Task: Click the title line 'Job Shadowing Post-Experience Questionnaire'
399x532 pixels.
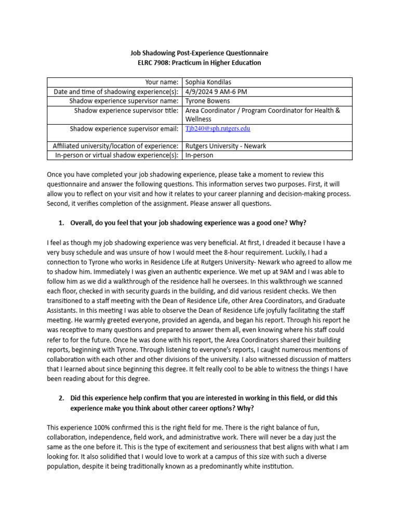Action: click(199, 54)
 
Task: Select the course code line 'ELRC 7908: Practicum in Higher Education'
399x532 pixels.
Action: click(199, 63)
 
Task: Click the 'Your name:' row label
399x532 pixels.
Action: click(162, 83)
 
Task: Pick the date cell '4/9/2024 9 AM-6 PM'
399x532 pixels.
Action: click(216, 92)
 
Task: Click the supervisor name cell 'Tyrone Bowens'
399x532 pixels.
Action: click(208, 101)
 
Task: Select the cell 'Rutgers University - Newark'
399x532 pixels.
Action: click(225, 146)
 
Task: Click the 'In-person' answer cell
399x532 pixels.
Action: click(199, 155)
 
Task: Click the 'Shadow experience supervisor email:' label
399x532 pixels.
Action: click(124, 129)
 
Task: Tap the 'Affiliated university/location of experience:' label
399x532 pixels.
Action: click(116, 146)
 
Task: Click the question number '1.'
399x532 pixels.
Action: click(61, 223)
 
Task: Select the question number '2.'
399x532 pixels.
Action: click(61, 398)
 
